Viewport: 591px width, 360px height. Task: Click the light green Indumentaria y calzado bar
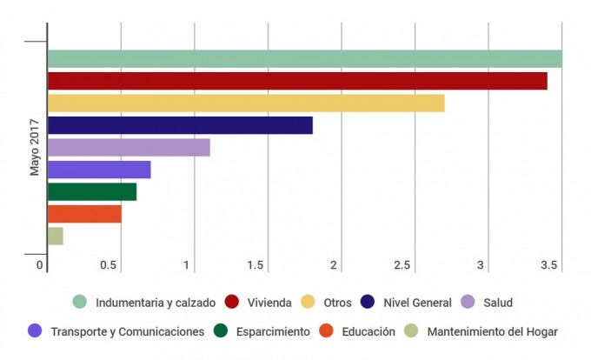[x=304, y=59]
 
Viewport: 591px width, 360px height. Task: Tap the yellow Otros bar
[x=246, y=103]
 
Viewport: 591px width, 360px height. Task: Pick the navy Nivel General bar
[x=180, y=125]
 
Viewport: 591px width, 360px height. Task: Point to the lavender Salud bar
[x=129, y=148]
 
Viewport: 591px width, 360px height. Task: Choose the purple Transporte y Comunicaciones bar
[x=99, y=170]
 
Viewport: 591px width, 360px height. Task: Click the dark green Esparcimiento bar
[x=92, y=192]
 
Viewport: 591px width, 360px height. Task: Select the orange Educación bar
[x=84, y=214]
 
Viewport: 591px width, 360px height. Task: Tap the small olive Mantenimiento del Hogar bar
[x=56, y=236]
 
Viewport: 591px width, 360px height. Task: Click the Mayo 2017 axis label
[x=35, y=147]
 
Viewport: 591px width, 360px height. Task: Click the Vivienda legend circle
[x=232, y=303]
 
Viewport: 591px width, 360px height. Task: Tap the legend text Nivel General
[x=417, y=303]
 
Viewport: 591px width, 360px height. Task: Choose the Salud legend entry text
[x=498, y=303]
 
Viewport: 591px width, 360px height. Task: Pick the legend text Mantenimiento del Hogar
[x=493, y=331]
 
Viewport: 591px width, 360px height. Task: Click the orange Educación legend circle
[x=327, y=331]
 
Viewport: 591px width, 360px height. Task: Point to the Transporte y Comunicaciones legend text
[x=128, y=331]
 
